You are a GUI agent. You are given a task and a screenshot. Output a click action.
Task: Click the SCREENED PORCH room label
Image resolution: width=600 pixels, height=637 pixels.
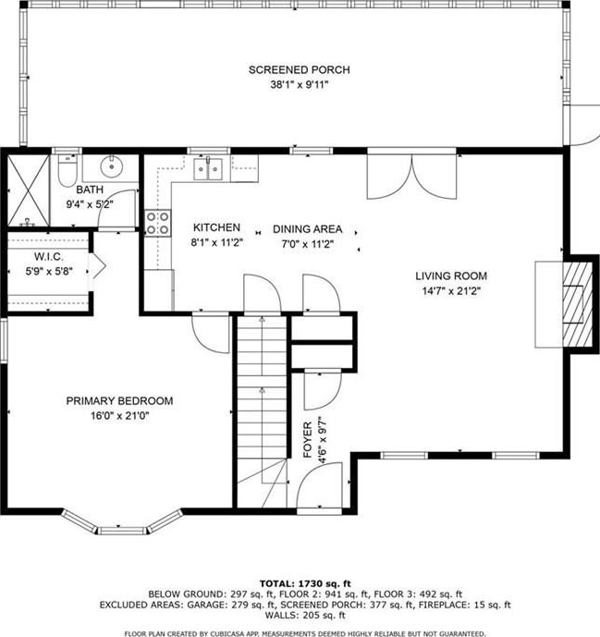(299, 70)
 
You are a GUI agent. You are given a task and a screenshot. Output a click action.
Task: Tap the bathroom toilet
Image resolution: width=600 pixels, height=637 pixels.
(67, 171)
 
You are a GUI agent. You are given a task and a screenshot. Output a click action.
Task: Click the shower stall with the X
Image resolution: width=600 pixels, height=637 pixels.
(29, 190)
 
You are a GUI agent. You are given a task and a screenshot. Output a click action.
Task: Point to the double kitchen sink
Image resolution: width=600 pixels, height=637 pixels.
(208, 169)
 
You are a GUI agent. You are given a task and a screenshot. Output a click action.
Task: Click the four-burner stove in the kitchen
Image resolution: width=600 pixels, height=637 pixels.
(158, 223)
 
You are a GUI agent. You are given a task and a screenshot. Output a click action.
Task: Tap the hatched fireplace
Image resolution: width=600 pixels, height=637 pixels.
(578, 304)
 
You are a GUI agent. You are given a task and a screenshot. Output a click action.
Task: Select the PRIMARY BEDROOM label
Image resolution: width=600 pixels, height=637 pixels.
(119, 401)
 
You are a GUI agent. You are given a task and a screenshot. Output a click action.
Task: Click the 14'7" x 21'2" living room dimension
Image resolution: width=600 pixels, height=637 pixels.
(451, 291)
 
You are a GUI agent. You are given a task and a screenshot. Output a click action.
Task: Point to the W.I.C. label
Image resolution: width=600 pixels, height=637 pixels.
(49, 257)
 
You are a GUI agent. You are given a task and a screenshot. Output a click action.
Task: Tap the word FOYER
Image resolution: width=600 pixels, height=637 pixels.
(308, 439)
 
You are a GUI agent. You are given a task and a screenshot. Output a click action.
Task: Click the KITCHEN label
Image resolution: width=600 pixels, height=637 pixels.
(216, 227)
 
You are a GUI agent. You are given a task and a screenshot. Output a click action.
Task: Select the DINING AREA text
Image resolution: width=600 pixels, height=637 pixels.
(307, 229)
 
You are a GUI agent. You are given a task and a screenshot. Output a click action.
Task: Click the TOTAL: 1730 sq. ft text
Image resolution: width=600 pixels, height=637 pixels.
(305, 583)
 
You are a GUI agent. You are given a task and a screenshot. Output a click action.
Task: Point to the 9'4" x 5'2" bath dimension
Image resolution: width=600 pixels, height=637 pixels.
(90, 204)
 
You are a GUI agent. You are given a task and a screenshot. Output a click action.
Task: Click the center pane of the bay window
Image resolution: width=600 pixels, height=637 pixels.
(122, 531)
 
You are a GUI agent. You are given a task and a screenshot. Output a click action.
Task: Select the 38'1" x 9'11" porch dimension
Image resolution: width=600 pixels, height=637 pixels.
(299, 85)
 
